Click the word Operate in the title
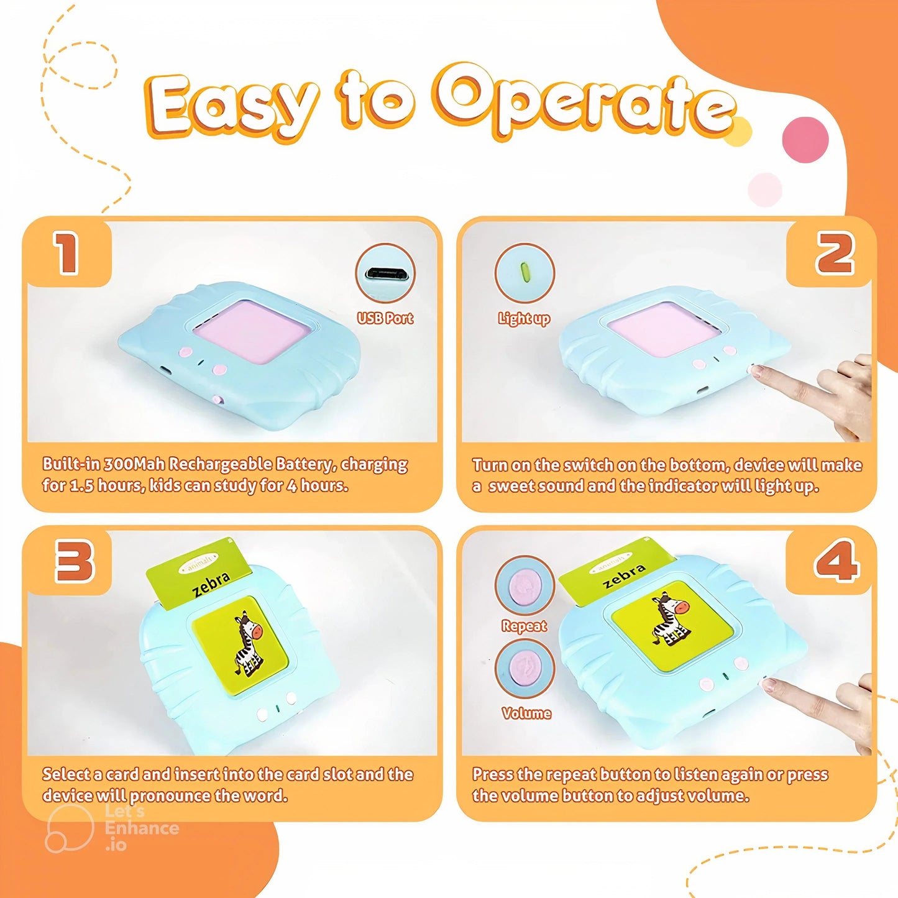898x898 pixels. click(587, 103)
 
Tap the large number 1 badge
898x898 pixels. click(66, 253)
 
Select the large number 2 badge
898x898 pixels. click(835, 253)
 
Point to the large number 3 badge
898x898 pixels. click(74, 561)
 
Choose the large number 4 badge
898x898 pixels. click(836, 561)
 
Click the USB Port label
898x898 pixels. click(385, 318)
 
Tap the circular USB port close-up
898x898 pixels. click(385, 273)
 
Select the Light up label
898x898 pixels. click(524, 319)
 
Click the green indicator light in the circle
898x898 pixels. click(524, 272)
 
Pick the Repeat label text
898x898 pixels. click(525, 626)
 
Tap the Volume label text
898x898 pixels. click(526, 713)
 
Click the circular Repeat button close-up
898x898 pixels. click(525, 585)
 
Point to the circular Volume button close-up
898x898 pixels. click(525, 669)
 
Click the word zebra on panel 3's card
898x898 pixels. click(211, 585)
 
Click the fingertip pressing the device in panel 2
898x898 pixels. click(757, 372)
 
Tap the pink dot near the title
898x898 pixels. click(805, 139)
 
